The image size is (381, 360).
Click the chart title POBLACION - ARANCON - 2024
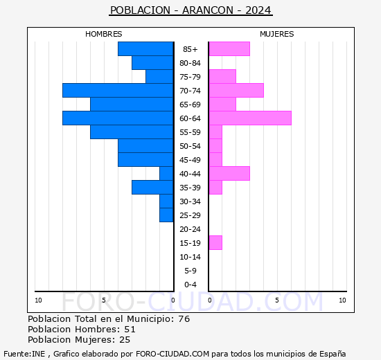190,10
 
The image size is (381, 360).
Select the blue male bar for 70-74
118,91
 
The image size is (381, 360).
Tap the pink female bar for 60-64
249,118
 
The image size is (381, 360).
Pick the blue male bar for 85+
145,49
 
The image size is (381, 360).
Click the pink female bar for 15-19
215,243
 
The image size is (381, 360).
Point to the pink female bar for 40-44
229,174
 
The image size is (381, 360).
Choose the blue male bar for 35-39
152,188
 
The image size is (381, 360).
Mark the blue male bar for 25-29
166,215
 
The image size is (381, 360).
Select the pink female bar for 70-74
236,91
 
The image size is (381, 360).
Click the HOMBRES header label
104,34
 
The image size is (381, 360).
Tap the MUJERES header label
277,34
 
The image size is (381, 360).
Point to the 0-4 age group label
190,285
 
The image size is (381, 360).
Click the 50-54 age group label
190,146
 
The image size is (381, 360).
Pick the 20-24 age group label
190,229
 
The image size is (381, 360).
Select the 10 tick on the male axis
38,300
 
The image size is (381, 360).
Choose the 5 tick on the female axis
276,300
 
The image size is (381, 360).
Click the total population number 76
184,319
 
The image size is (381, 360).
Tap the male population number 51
130,330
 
